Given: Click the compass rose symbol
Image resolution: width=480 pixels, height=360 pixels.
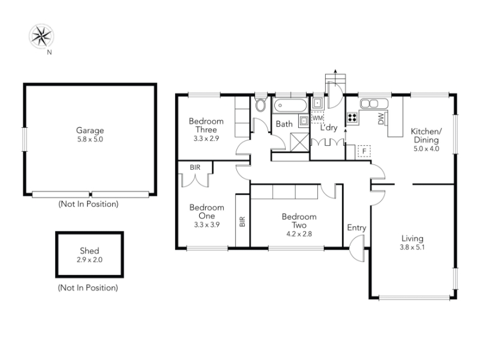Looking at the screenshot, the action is [x=41, y=36].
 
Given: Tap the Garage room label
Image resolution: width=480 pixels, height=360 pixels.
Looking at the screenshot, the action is [x=90, y=130].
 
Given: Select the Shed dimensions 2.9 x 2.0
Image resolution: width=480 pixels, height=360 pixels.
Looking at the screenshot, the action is [x=89, y=260].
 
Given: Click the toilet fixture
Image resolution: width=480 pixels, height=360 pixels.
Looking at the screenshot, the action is [x=260, y=104].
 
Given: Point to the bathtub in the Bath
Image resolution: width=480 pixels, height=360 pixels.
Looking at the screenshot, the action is [x=290, y=106].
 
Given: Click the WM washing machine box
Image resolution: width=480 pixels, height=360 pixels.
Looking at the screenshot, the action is [x=317, y=118].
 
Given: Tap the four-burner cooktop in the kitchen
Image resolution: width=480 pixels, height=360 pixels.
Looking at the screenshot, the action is [x=352, y=118].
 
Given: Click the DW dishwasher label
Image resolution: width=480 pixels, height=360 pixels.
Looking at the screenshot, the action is [x=381, y=119].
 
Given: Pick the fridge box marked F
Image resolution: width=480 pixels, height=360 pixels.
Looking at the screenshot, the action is [x=364, y=151].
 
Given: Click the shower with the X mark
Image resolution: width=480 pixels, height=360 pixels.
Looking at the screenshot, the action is [x=299, y=142].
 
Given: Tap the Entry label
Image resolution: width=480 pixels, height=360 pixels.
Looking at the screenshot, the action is [x=356, y=228].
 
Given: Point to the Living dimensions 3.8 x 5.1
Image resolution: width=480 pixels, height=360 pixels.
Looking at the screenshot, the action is [x=412, y=247].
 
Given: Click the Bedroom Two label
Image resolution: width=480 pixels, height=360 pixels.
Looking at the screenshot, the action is [x=299, y=221].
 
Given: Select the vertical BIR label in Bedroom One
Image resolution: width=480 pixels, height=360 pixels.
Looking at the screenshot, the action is [x=242, y=221].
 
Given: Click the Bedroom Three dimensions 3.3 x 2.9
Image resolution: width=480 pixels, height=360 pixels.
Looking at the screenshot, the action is [x=206, y=139].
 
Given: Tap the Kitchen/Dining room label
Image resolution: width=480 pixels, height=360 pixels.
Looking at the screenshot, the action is [x=426, y=136].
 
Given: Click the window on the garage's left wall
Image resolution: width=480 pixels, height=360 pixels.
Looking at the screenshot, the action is [x=25, y=139].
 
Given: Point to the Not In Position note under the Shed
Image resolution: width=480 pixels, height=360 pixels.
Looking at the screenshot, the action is [x=88, y=288].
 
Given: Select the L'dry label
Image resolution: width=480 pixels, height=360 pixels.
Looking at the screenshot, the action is [x=329, y=128].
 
